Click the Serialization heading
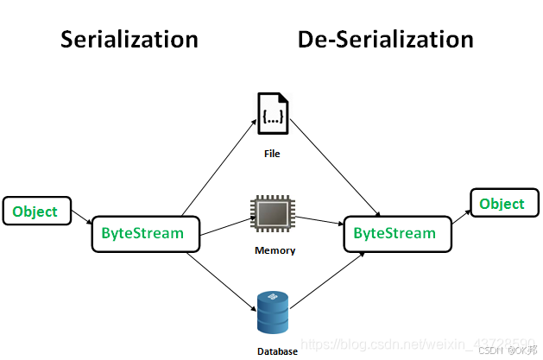point(129,39)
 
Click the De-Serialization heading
point(385,39)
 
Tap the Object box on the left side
point(35,212)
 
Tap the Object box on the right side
point(502,204)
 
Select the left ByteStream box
point(143,233)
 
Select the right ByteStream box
point(395,233)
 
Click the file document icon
point(273,114)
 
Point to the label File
point(273,155)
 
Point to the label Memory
point(275,251)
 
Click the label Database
point(277,351)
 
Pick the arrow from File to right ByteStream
point(337,171)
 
